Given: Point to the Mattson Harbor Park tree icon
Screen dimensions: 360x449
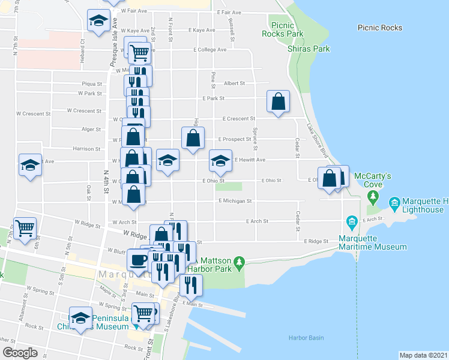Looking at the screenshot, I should point(239,262).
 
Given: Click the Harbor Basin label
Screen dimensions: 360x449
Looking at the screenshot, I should point(306,337).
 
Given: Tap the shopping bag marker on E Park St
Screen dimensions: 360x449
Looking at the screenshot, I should point(279,102).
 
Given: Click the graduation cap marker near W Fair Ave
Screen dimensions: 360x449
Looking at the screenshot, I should point(96,21).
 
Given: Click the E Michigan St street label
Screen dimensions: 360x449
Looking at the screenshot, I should point(235,201).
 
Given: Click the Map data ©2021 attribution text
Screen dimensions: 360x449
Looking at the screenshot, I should point(423,355).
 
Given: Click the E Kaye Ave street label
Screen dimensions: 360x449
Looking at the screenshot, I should point(201,30).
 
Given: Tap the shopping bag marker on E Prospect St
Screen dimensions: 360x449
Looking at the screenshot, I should point(193,138).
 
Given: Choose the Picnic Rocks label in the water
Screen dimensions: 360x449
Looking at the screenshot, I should point(379,28).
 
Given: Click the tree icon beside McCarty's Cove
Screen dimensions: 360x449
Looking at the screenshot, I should point(374,196).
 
